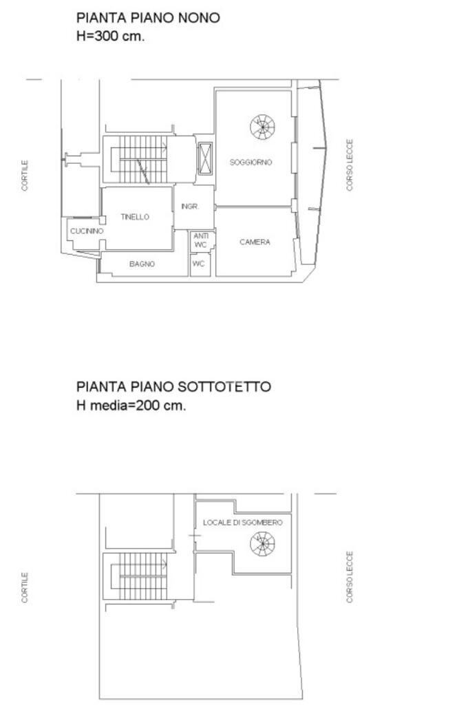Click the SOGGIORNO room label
tap(250, 162)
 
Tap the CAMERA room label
tap(255, 242)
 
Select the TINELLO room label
tap(135, 217)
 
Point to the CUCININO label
tap(87, 231)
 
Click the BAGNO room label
tap(142, 264)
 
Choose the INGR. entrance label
tap(190, 207)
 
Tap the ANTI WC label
tap(200, 240)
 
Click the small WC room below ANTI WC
tap(199, 264)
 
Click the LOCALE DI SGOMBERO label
tap(242, 523)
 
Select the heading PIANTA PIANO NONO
tap(148, 18)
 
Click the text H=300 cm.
tap(110, 36)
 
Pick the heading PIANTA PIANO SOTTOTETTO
tap(173, 387)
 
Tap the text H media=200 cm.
tap(131, 405)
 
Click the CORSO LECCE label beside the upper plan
tap(350, 165)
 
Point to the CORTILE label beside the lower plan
tap(25, 587)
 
